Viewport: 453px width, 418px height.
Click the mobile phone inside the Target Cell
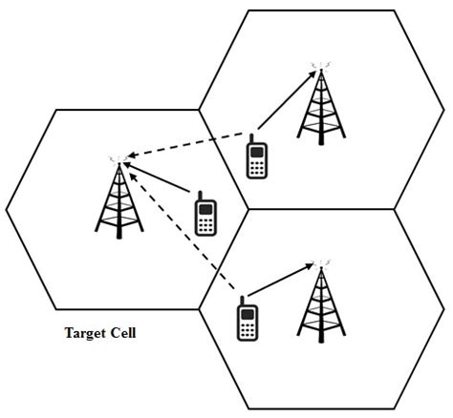click(x=205, y=215)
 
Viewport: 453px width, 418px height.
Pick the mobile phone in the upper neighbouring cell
click(x=256, y=157)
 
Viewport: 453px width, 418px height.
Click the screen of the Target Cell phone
click(x=205, y=207)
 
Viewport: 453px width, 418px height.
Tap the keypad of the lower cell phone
click(x=247, y=327)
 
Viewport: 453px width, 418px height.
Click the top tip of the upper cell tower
click(x=317, y=67)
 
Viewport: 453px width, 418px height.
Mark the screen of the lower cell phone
click(x=247, y=311)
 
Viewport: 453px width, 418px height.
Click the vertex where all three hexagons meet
click(x=248, y=209)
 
